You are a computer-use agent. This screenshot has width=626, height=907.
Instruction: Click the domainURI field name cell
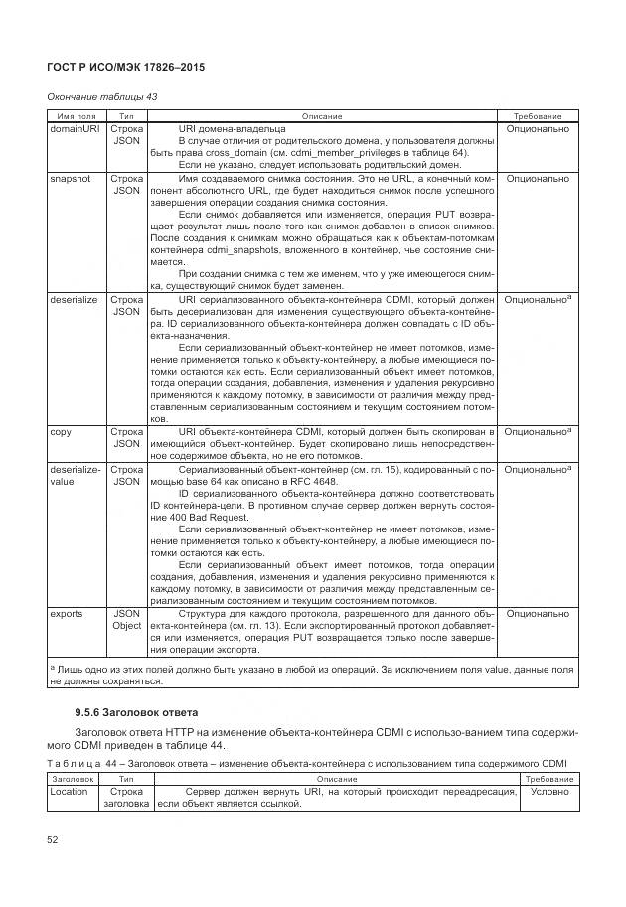pos(75,129)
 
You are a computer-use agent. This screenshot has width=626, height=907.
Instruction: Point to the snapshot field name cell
pos(70,179)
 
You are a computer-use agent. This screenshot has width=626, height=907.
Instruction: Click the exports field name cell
pos(67,614)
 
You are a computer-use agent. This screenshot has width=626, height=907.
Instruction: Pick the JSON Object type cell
pos(126,620)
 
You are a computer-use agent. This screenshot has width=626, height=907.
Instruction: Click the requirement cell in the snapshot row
pos(537,179)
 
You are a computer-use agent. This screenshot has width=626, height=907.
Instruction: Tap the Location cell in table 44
pos(71,792)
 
